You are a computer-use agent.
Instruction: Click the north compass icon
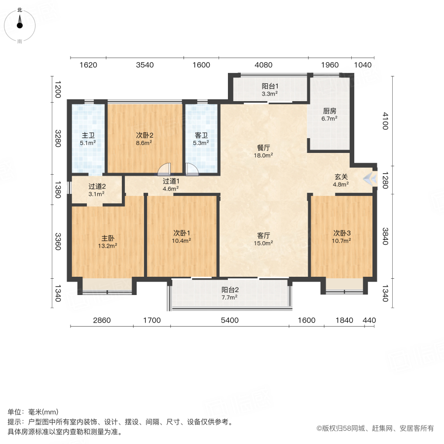coord(20,23)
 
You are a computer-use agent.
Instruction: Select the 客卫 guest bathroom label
coord(201,135)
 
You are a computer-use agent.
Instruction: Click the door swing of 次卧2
coord(164,170)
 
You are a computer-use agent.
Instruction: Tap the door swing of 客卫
coord(191,170)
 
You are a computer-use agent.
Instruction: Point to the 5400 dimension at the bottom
coord(229,320)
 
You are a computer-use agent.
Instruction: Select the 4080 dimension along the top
coord(263,65)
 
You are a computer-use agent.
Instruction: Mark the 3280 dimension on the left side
coord(58,138)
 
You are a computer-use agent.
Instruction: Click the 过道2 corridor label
coord(97,186)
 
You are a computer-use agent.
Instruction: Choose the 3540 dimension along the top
coord(145,65)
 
